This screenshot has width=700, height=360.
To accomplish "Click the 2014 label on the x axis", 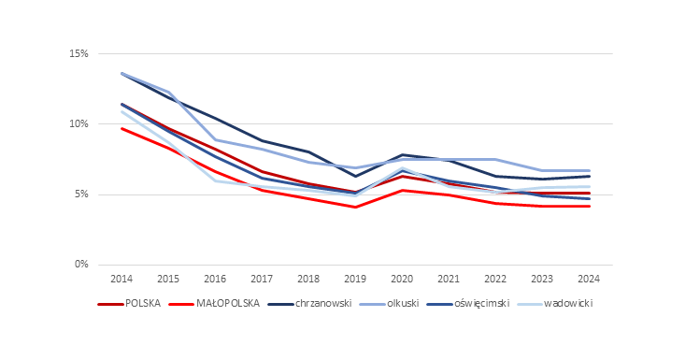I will [x=121, y=279].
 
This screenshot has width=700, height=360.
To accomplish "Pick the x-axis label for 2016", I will [x=215, y=279].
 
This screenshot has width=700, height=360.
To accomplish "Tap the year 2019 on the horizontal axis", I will [x=355, y=279].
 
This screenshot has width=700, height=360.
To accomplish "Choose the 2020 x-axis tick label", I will [x=402, y=279].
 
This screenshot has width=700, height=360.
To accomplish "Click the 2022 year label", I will [x=495, y=279].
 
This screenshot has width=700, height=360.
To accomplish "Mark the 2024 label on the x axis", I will [x=589, y=279].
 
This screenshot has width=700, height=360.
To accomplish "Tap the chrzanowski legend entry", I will [x=323, y=304].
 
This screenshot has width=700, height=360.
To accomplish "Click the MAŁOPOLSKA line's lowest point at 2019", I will [x=355, y=207].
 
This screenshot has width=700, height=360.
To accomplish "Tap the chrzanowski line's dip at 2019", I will [x=355, y=176].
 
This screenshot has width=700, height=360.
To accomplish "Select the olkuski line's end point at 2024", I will [x=589, y=171].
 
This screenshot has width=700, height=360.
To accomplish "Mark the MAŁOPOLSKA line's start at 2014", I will [x=121, y=128].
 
